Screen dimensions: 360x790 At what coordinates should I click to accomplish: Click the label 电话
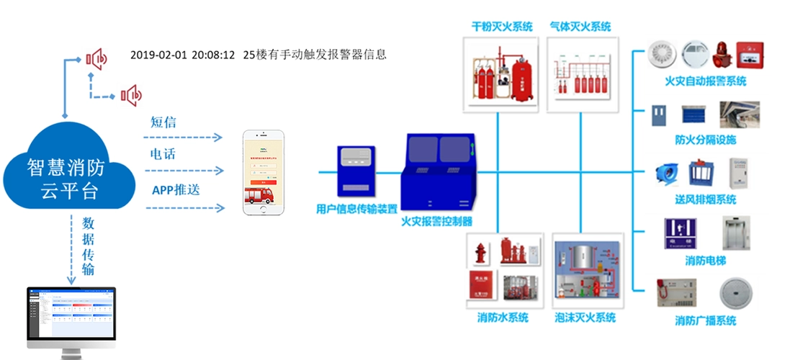(x=163, y=154)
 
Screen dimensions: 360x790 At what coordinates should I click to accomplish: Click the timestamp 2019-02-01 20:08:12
(x=183, y=55)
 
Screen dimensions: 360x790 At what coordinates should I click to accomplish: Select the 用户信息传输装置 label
(x=356, y=209)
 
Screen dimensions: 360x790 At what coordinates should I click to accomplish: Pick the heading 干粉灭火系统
(x=503, y=27)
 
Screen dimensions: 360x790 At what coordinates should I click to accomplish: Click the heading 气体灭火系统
(x=580, y=27)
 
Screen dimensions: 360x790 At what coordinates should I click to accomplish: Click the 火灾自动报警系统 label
(x=705, y=81)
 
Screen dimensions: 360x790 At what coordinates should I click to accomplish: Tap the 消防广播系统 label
(x=705, y=320)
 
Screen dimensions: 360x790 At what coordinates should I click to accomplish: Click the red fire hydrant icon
(x=480, y=253)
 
